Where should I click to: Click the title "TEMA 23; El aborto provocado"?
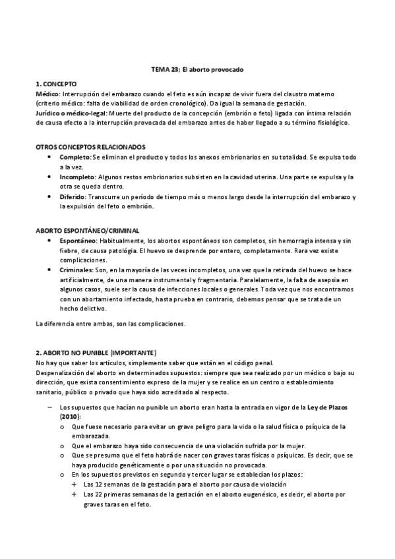198,69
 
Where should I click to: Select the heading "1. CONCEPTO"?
56,84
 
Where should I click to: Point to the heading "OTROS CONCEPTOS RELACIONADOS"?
90,147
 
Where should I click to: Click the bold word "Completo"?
75,157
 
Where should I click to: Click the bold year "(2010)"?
69,417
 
